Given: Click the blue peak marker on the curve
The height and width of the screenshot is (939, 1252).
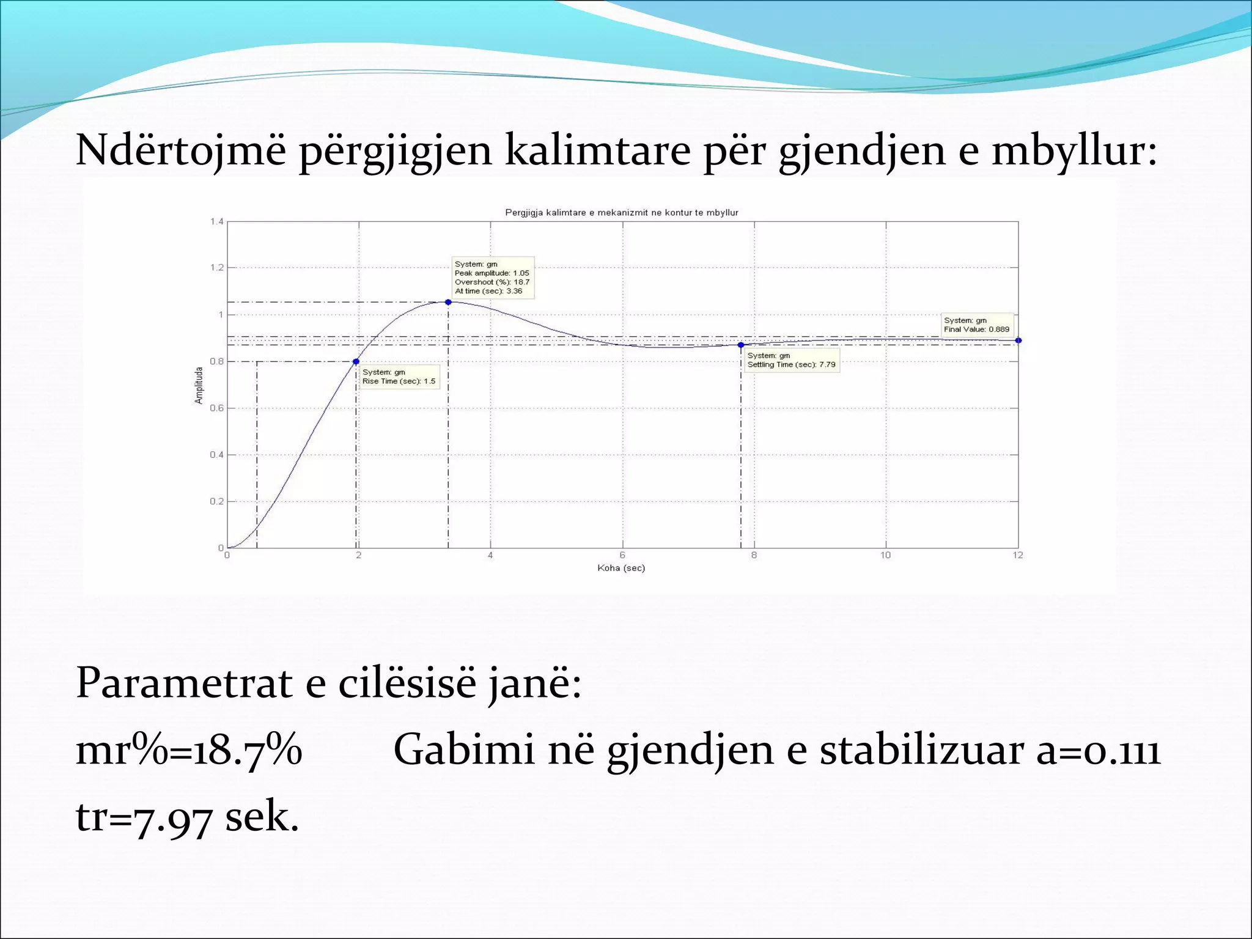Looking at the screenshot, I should click(448, 302).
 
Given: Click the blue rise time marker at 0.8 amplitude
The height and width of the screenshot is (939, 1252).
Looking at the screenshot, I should click(356, 361).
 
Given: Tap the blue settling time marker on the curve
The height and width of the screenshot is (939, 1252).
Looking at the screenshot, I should click(741, 345).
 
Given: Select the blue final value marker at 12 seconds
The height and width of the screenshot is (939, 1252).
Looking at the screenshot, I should click(1018, 341).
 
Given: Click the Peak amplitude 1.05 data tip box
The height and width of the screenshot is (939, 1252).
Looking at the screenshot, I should click(492, 278).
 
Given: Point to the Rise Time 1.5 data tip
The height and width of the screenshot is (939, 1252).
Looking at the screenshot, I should click(399, 377).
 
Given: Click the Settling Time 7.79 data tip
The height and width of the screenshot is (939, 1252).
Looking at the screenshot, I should click(792, 360).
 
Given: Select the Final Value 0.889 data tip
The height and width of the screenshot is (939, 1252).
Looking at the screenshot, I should click(976, 325).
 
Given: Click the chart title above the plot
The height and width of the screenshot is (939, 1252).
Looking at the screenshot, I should click(621, 213).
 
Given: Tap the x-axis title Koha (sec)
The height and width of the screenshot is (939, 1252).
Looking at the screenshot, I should click(621, 568).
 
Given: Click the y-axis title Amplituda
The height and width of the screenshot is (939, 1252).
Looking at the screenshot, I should click(199, 385).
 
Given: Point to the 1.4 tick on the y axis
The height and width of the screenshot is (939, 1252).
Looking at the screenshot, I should click(217, 221).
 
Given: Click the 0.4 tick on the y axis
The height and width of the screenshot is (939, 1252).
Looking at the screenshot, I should click(217, 455).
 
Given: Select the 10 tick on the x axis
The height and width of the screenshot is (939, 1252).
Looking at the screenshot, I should click(885, 555).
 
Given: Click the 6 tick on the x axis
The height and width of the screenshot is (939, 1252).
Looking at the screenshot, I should click(622, 555).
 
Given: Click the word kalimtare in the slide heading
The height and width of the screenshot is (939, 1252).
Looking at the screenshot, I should click(597, 150).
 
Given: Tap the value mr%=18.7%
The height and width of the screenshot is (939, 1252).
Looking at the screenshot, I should click(189, 750).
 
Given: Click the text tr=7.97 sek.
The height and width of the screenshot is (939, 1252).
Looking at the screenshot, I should click(187, 817).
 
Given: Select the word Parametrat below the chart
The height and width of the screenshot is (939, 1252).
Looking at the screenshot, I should click(184, 683).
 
